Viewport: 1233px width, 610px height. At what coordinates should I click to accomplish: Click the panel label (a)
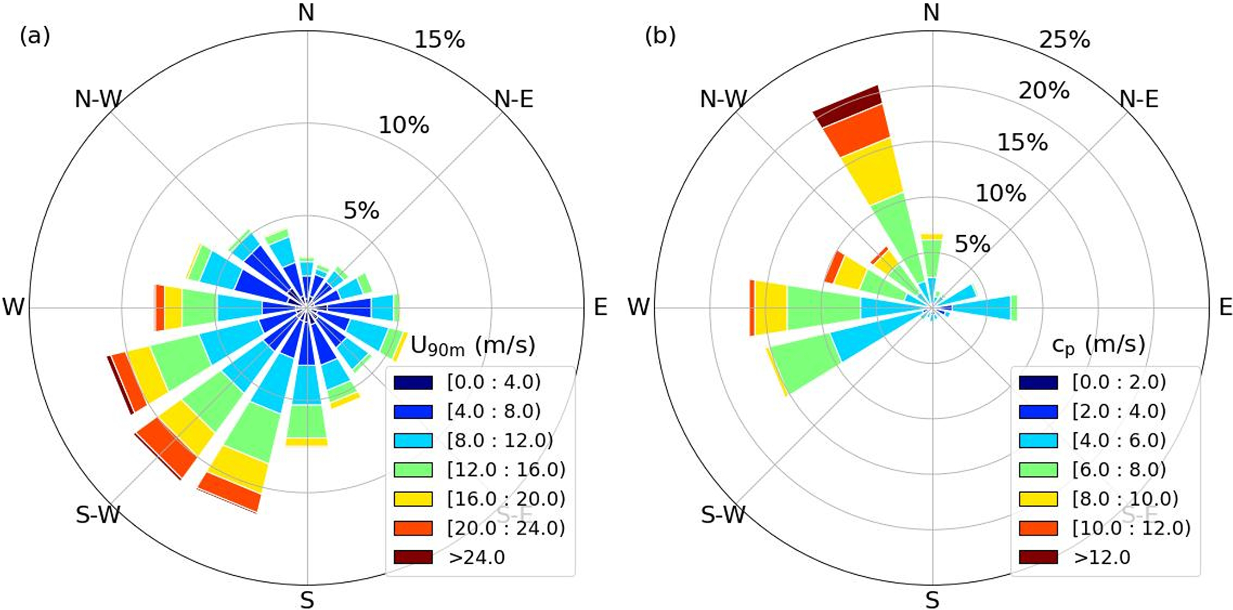click(x=35, y=37)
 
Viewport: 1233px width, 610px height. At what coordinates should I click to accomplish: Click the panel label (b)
click(x=660, y=37)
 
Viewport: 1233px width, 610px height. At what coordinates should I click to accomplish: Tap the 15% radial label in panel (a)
click(x=440, y=40)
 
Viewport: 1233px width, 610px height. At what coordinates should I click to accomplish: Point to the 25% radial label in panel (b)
click(x=1065, y=40)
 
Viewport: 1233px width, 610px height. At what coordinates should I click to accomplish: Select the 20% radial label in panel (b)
click(x=1044, y=91)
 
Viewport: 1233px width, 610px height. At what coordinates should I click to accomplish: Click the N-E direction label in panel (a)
click(x=514, y=99)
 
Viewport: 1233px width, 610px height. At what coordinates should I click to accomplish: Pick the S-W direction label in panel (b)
click(x=723, y=515)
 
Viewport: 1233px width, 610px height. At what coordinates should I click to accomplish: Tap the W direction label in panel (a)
click(x=14, y=308)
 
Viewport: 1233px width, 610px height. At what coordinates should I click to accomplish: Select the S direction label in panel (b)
click(x=932, y=600)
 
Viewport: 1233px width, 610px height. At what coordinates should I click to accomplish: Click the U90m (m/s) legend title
click(x=472, y=346)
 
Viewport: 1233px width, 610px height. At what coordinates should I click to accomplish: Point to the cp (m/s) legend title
click(x=1098, y=346)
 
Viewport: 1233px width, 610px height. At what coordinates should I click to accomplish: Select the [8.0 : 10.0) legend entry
click(x=1125, y=498)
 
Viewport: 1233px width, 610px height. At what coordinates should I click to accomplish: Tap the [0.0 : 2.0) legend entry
click(x=1119, y=382)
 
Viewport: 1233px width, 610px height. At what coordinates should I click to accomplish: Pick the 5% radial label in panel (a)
click(x=361, y=211)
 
